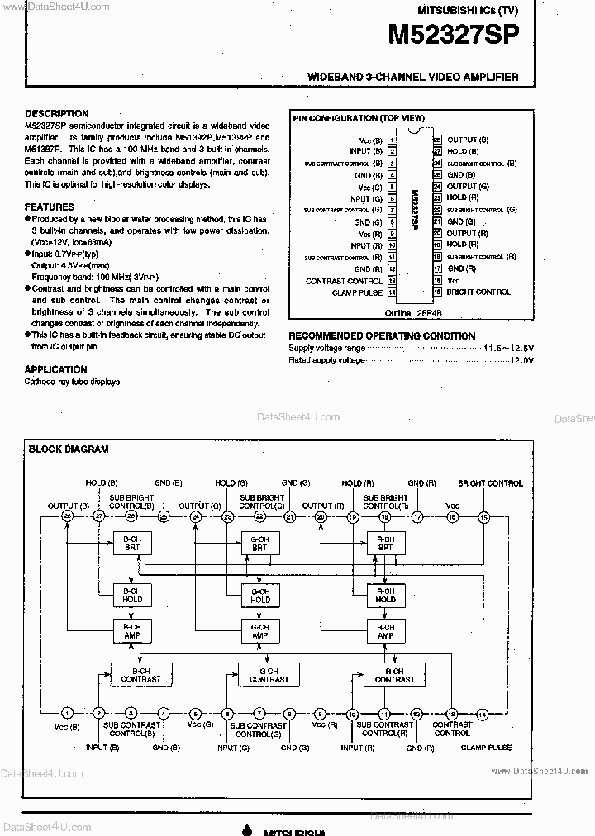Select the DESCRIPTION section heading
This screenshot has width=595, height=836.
tap(56, 114)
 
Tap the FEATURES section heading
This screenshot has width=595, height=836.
tap(50, 207)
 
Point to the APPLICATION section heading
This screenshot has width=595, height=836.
tap(56, 370)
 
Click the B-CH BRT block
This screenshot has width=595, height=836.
tap(132, 543)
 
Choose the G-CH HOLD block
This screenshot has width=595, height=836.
tap(259, 595)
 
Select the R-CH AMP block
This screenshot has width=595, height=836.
tap(386, 632)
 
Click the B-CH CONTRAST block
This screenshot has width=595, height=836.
tap(141, 674)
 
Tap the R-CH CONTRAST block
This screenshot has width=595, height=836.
tap(394, 674)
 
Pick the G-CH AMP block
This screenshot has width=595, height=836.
tap(259, 632)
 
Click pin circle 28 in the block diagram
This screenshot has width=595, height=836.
tap(68, 517)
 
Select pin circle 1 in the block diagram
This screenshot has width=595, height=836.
tap(68, 713)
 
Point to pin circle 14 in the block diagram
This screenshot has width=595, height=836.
tap(483, 713)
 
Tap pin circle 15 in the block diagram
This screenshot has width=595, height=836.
tap(483, 517)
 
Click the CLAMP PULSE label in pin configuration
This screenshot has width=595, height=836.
tap(357, 292)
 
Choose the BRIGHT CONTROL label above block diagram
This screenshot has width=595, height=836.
tap(490, 483)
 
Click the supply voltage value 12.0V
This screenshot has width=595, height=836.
tap(521, 361)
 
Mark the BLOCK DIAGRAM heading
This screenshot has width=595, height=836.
tap(69, 450)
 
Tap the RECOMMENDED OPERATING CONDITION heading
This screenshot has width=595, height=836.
tap(381, 336)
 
